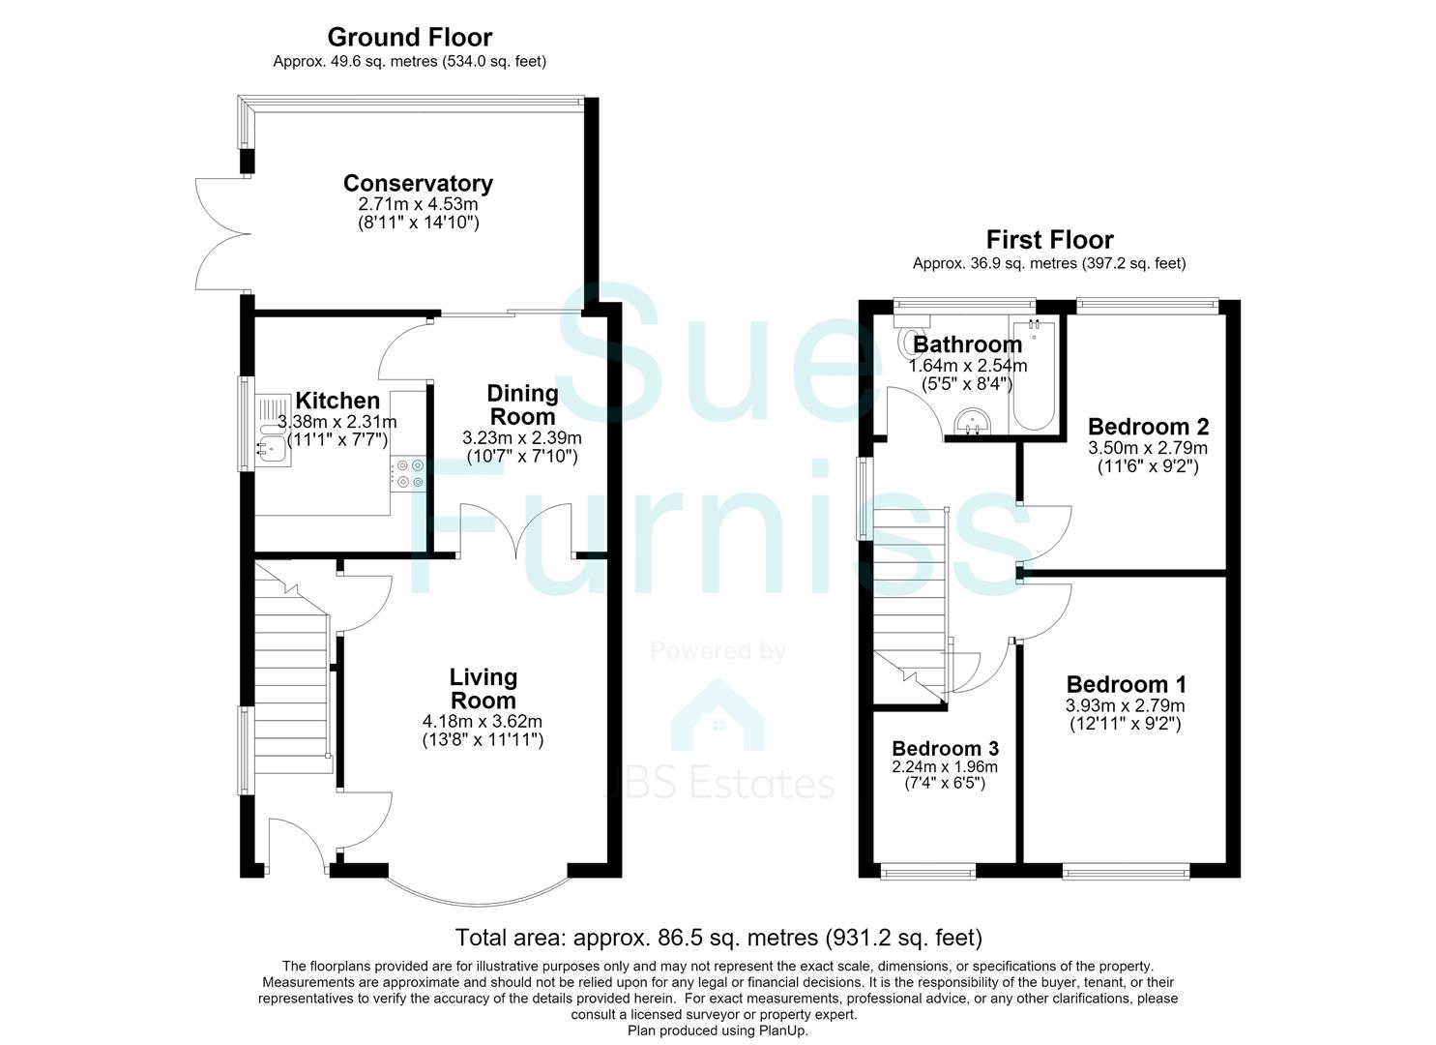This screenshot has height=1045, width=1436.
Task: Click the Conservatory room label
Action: click(418, 184)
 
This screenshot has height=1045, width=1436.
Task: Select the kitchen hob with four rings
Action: click(408, 474)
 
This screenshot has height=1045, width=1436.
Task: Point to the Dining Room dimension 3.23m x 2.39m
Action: click(522, 438)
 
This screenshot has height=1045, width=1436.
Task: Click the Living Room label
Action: click(483, 688)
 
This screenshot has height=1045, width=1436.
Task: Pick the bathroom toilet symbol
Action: click(905, 340)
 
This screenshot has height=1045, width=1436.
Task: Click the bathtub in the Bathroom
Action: click(1034, 373)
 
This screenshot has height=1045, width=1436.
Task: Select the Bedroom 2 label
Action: click(1148, 427)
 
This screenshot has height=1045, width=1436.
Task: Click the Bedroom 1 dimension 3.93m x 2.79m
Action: click(1125, 705)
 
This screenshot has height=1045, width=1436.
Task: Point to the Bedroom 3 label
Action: click(945, 749)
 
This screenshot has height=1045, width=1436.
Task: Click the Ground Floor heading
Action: click(410, 37)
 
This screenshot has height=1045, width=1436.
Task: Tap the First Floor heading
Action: click(1049, 240)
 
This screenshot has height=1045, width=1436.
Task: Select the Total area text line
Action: click(718, 938)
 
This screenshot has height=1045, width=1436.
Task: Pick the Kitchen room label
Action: click(337, 401)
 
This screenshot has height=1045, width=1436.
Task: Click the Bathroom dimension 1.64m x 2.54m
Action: click(967, 366)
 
